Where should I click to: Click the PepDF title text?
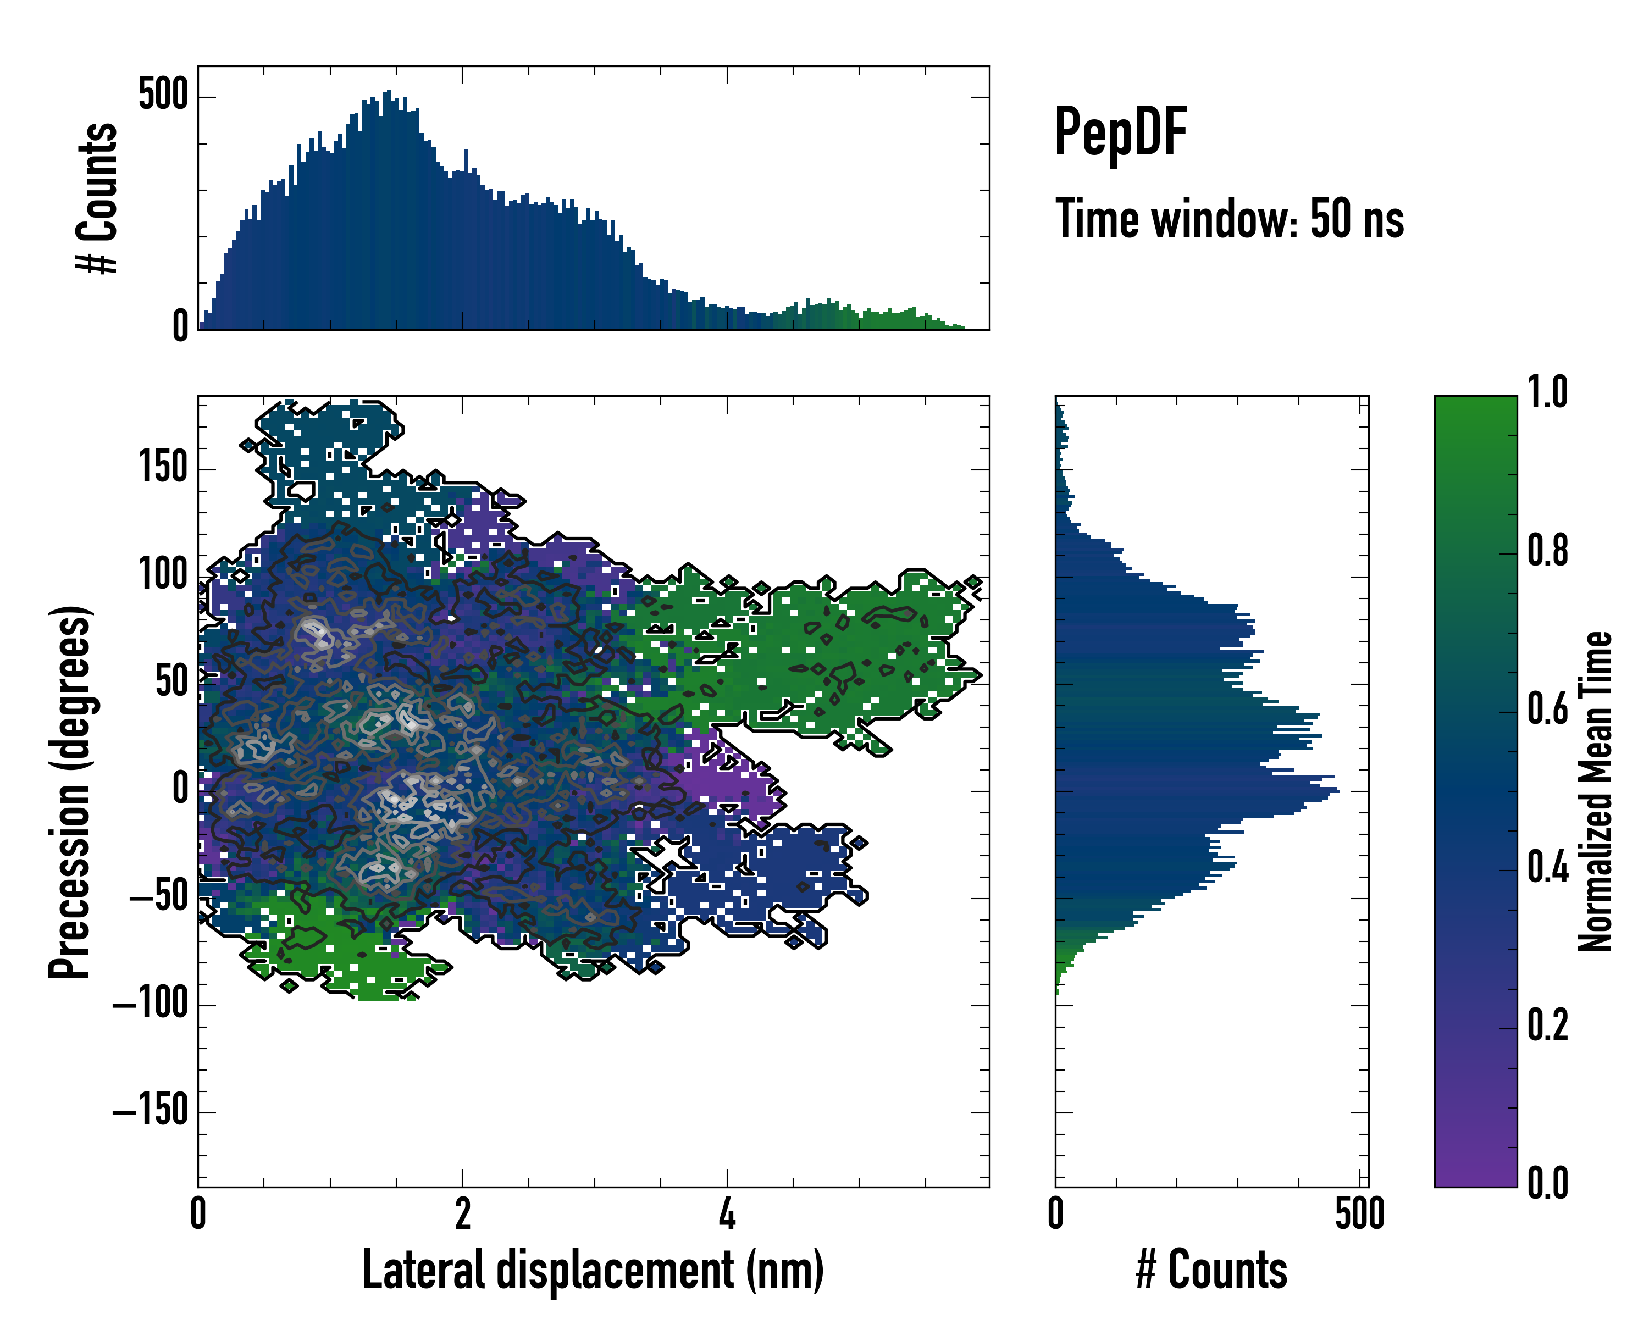click(1120, 132)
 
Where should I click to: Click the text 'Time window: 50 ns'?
click(1229, 219)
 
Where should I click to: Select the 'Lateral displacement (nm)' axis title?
click(593, 1270)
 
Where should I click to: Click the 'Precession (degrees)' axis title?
click(70, 791)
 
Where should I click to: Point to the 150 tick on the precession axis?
click(163, 467)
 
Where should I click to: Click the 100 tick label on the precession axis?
click(163, 574)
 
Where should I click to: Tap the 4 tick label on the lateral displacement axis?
click(727, 1214)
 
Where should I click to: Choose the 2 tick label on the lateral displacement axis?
click(462, 1214)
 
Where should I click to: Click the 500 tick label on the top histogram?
click(163, 96)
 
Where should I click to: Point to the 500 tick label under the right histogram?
click(1359, 1214)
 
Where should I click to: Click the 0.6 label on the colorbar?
click(1547, 709)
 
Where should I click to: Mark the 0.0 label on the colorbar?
click(1547, 1183)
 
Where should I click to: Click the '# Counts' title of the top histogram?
click(97, 198)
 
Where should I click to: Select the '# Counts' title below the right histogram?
click(1211, 1270)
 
